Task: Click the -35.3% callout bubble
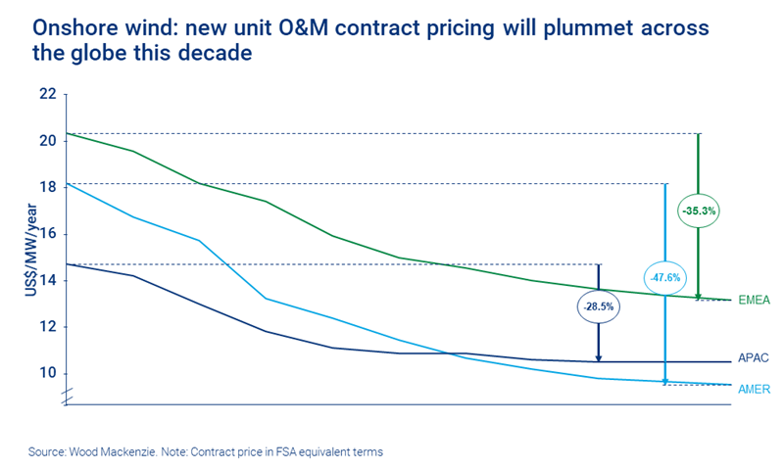tap(699, 210)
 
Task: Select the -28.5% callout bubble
tap(598, 306)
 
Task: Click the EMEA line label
tap(756, 301)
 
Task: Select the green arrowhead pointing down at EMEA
tap(699, 296)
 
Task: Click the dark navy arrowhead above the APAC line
tap(598, 357)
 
